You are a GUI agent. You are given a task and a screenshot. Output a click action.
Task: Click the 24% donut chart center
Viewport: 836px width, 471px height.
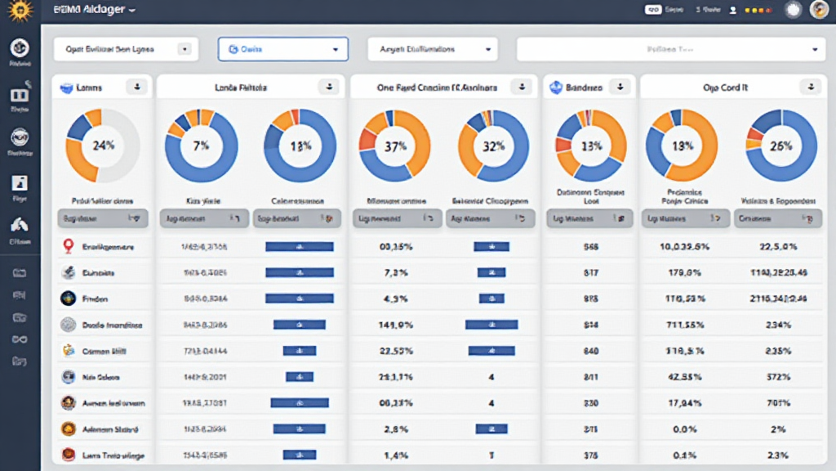103,146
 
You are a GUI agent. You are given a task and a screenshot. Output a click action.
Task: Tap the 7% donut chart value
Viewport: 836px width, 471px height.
201,146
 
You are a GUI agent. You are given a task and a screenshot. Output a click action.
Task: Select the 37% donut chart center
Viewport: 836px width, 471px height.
395,146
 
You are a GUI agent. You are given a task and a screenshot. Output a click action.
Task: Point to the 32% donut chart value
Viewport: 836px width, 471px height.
493,146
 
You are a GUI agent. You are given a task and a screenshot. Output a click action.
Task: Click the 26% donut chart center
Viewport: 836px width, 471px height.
780,146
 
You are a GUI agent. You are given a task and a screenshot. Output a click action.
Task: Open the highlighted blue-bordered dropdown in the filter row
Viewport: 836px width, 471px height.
282,49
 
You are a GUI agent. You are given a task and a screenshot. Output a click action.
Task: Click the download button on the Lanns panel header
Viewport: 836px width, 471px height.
137,87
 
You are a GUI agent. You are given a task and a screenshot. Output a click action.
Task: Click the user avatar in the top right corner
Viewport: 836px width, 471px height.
819,10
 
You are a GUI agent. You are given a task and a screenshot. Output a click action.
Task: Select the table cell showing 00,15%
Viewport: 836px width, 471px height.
395,247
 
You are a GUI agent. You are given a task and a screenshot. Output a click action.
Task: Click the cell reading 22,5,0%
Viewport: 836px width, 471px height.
777,247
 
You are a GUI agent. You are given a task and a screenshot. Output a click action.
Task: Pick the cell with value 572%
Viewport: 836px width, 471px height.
777,377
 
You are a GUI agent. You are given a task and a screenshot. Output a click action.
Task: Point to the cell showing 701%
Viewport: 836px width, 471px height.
777,403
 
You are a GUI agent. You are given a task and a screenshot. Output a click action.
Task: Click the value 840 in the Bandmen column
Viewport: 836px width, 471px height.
592,351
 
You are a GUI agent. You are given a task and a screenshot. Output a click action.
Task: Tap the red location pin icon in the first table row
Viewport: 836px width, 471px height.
69,246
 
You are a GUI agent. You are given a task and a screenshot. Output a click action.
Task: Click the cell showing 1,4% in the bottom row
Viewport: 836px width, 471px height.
395,455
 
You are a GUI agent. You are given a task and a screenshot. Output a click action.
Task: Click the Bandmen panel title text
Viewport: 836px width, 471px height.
584,87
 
